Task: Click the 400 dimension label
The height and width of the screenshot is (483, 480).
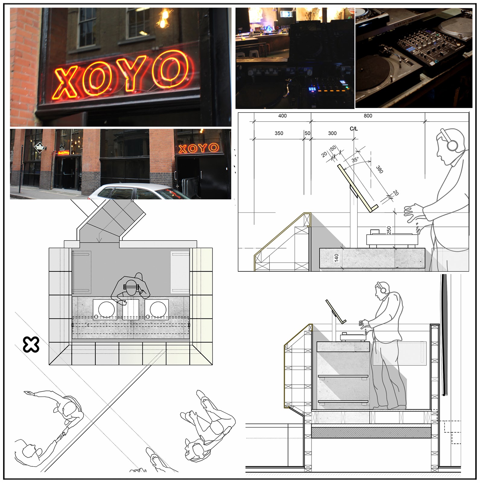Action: tap(282, 116)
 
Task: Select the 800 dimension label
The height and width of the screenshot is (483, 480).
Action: tap(368, 116)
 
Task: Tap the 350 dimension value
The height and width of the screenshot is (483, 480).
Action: tap(279, 133)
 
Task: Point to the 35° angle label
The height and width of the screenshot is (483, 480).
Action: tap(355, 160)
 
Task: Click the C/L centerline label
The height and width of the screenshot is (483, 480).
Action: tap(354, 129)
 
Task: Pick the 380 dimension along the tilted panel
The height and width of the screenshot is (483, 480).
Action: tap(380, 170)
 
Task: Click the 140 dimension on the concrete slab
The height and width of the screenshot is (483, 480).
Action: tap(337, 258)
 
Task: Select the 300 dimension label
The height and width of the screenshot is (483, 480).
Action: tap(332, 133)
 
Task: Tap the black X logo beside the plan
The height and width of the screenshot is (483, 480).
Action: tap(31, 345)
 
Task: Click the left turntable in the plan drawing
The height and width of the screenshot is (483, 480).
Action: tap(105, 309)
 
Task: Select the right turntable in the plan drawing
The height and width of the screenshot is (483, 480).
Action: tap(157, 309)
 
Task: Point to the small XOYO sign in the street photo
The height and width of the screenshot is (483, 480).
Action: tap(199, 148)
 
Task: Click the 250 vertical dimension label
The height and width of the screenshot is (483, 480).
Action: tap(389, 230)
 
